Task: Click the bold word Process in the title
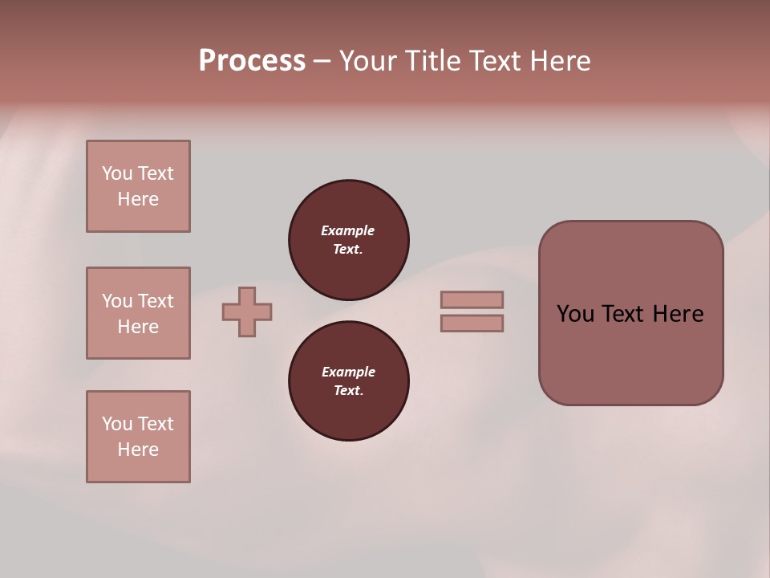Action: [x=252, y=60]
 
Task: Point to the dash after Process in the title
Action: [x=322, y=62]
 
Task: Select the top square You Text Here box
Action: [x=138, y=186]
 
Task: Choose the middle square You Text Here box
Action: [x=138, y=313]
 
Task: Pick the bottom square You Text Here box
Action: [x=138, y=437]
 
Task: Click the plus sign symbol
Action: [x=247, y=311]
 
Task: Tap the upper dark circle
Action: [x=349, y=240]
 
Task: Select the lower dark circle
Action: [x=349, y=381]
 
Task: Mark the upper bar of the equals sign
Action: [x=472, y=299]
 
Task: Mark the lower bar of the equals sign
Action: [x=472, y=323]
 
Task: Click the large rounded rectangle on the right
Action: [x=630, y=313]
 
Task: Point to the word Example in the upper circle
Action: [x=348, y=230]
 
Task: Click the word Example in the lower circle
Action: [x=348, y=372]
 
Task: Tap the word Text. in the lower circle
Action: [x=348, y=390]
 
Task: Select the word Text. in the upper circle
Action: [x=348, y=249]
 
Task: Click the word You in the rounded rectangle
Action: [x=575, y=314]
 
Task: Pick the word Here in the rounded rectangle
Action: [x=678, y=314]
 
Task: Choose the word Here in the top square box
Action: [x=138, y=199]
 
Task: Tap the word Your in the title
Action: [x=370, y=60]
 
